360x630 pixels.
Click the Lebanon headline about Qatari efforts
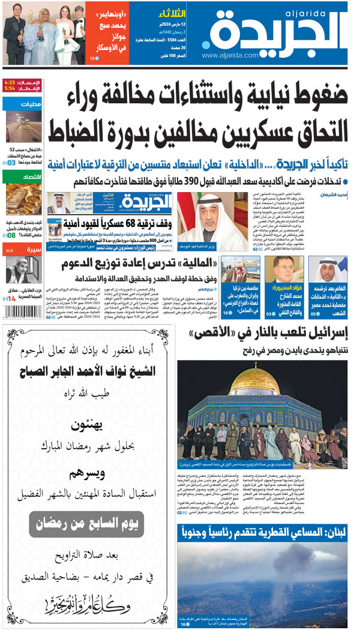point(264,531)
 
